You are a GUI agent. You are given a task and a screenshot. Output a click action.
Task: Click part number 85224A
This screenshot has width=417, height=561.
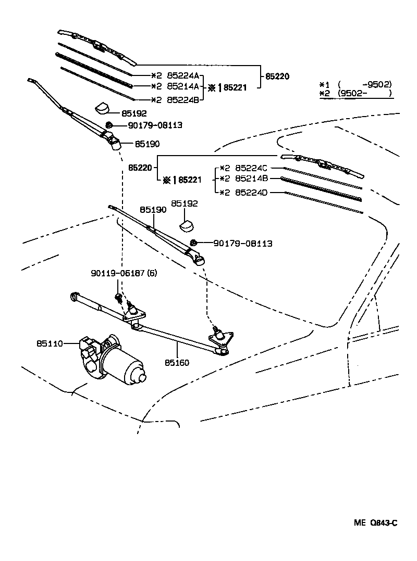click(183, 74)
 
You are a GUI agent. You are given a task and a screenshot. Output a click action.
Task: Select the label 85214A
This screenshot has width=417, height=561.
click(183, 86)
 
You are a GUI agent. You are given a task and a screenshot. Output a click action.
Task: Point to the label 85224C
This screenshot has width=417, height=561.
click(251, 168)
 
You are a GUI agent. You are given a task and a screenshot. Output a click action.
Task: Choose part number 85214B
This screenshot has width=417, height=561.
click(251, 178)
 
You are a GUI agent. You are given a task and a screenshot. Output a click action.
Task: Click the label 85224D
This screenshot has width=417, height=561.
click(251, 193)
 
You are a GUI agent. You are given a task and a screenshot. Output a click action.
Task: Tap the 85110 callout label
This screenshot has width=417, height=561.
click(50, 343)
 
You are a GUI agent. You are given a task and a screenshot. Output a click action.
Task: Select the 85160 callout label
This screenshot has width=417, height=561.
click(177, 363)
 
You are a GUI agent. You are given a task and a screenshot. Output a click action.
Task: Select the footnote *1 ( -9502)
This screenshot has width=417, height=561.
click(355, 84)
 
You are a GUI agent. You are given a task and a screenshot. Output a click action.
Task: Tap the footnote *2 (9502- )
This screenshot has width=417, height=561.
click(355, 94)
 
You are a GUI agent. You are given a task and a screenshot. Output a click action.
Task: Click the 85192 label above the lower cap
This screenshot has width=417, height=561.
click(185, 204)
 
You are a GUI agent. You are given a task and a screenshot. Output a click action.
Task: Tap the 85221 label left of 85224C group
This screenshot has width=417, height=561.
click(189, 180)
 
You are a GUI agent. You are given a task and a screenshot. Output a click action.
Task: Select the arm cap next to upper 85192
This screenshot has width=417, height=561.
click(102, 108)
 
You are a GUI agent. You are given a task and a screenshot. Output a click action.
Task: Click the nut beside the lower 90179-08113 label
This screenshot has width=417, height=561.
click(193, 243)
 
